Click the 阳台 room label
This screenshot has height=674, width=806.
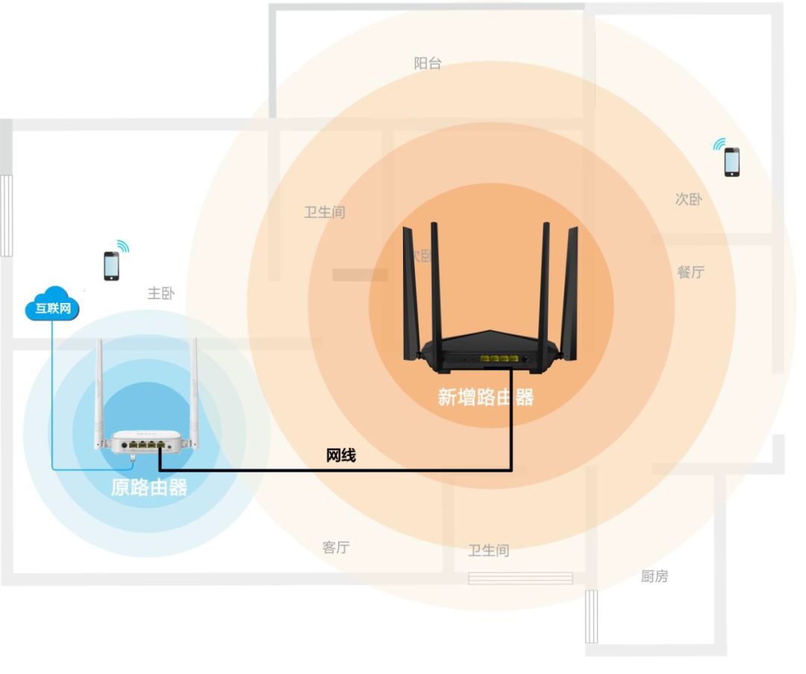point(428,64)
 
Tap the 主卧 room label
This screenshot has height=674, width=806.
point(160,293)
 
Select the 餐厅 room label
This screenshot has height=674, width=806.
point(690,272)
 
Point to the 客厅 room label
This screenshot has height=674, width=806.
point(336,548)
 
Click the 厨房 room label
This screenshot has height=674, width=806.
point(655,576)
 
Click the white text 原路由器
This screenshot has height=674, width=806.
point(149,488)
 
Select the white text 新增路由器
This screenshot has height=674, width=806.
point(486,397)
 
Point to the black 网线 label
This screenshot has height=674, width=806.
point(341,455)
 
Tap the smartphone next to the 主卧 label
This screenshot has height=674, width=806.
point(111,266)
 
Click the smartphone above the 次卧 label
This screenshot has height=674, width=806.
point(732,162)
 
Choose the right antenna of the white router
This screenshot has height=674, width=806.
point(194,388)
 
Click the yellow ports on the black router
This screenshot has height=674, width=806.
point(498,360)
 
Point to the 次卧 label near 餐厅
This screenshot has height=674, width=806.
point(688,199)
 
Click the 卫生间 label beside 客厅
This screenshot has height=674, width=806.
point(488,551)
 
